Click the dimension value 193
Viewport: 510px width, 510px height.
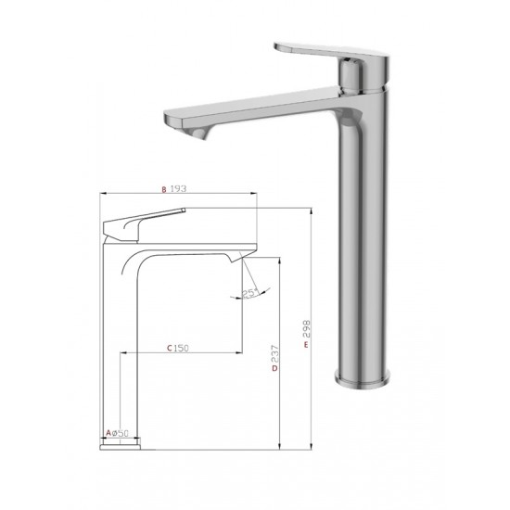click(x=178, y=188)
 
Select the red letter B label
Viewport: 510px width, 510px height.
click(x=164, y=189)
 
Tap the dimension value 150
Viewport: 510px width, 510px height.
click(x=181, y=349)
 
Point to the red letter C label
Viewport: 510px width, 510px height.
click(x=170, y=349)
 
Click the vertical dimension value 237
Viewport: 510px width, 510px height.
click(x=275, y=354)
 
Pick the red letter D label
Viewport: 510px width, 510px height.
click(x=275, y=368)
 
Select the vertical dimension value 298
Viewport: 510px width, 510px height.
click(x=307, y=329)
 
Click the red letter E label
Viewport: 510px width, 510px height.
click(x=306, y=345)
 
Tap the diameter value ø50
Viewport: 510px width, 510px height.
click(x=120, y=433)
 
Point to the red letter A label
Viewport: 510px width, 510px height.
click(x=108, y=433)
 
